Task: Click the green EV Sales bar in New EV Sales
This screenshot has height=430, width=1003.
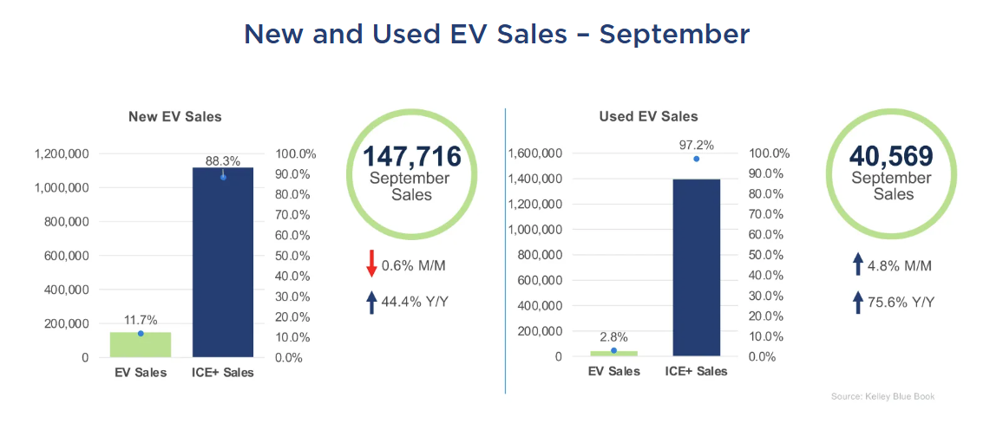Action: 141,344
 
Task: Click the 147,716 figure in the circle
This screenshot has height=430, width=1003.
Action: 411,157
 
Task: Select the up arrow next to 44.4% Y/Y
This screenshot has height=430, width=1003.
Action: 372,302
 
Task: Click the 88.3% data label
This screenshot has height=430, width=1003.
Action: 223,160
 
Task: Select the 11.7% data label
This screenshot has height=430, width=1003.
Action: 141,320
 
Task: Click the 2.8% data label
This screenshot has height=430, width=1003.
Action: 613,337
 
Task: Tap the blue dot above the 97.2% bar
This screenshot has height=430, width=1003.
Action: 696,159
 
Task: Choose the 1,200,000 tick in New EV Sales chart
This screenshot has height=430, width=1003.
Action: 61,153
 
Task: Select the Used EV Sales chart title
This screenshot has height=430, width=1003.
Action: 648,116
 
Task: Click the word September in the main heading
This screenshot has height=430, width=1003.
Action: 674,34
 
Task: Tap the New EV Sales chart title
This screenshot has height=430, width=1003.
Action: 175,116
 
